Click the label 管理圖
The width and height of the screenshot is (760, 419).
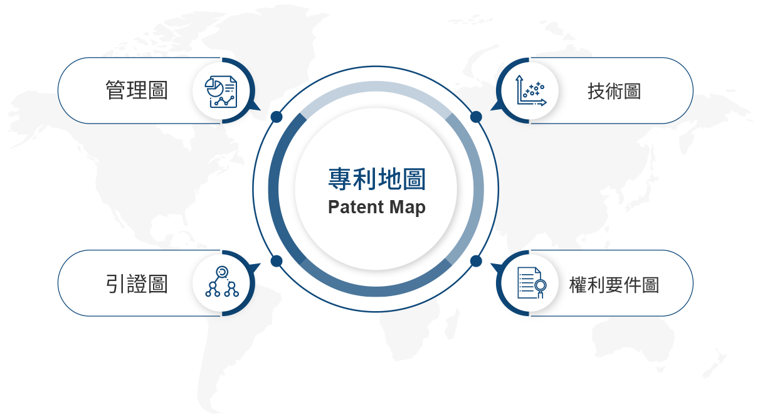tap(137, 90)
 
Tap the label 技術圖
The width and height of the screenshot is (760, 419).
tap(614, 91)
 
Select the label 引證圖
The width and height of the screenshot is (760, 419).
tap(137, 284)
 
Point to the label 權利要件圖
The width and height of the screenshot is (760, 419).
tap(614, 285)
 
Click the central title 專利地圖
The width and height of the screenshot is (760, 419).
tap(377, 179)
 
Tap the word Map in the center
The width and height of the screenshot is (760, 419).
tap(407, 208)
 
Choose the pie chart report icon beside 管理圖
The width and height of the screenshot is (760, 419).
tap(221, 92)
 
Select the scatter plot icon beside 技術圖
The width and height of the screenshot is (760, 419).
tap(531, 90)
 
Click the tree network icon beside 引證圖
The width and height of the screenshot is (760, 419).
tap(222, 282)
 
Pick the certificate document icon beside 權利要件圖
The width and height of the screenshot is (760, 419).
tap(532, 283)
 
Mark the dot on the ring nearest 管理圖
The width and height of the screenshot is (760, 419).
tap(277, 117)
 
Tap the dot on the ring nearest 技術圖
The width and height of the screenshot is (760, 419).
tap(476, 117)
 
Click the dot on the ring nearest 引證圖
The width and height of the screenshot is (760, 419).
tap(277, 261)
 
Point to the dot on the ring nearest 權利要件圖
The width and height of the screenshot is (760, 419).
tap(476, 261)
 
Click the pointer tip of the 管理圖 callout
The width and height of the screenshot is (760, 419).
tap(260, 110)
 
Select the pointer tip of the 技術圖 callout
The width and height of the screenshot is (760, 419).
tap(490, 110)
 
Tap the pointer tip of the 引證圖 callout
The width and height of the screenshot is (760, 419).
tap(260, 263)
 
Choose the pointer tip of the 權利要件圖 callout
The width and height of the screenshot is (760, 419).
tap(490, 263)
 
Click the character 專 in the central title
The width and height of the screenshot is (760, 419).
tap(340, 179)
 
